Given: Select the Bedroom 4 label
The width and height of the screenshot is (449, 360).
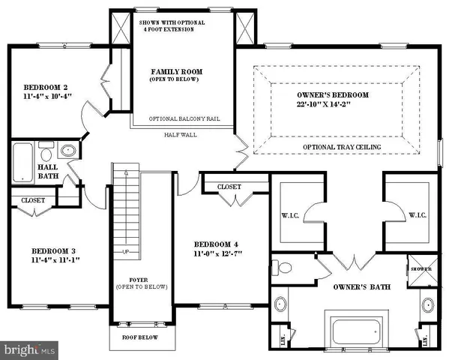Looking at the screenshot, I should tap(216, 245).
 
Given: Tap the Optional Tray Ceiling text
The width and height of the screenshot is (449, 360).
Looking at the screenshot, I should tap(342, 146).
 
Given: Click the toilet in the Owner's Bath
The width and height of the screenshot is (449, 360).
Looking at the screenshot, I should tap(283, 268).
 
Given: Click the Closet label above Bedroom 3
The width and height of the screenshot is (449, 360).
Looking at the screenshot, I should tap(32, 201).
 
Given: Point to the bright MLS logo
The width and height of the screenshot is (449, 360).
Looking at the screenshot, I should tap(30, 349).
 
